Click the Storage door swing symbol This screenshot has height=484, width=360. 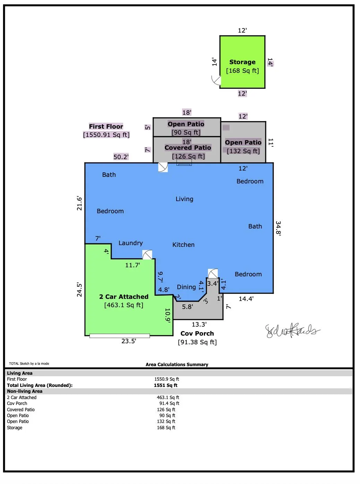216,80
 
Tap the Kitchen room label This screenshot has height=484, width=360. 183,245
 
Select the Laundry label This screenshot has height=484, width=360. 130,243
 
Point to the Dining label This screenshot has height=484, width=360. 186,287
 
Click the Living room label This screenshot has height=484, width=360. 185,199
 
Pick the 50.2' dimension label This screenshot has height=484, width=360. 121,157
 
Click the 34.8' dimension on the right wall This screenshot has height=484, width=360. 278,228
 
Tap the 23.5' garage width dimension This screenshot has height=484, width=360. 129,341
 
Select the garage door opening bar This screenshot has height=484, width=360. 120,336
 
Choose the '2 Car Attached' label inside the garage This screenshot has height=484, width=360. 124,296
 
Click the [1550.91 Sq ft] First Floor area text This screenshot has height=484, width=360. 106,135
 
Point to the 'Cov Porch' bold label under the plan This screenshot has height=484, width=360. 197,334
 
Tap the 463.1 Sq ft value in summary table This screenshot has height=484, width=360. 168,397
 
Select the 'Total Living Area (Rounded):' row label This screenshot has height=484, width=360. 40,385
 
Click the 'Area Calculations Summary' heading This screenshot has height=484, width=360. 177,364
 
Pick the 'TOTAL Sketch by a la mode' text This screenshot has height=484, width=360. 29,364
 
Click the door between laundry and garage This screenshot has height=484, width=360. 147,255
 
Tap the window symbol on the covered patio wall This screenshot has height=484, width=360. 184,162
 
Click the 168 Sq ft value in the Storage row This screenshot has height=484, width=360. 166,427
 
